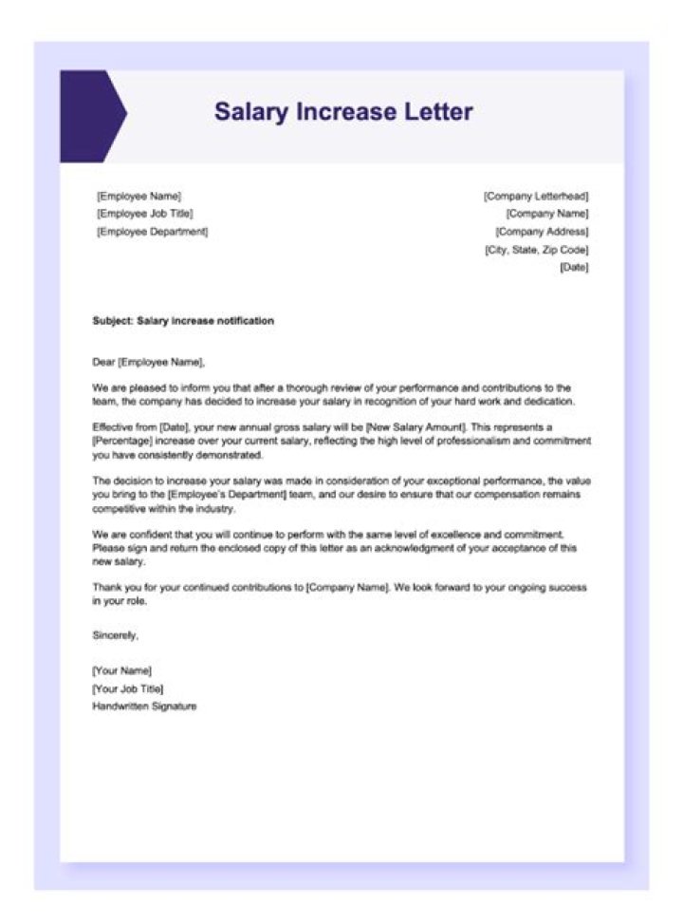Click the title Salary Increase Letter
(x=342, y=112)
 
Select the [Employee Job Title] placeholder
(x=144, y=214)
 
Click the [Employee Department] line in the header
(x=152, y=232)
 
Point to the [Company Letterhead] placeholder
(x=536, y=196)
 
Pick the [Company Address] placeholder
(x=542, y=232)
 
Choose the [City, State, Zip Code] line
(x=536, y=250)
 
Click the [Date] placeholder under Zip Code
(x=574, y=268)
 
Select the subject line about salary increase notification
(x=183, y=321)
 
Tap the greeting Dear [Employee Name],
(x=148, y=362)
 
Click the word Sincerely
(x=115, y=635)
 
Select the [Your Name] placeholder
(x=121, y=670)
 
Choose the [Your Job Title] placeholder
(x=127, y=688)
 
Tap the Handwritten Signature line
(x=144, y=706)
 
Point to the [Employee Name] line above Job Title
(x=138, y=196)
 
